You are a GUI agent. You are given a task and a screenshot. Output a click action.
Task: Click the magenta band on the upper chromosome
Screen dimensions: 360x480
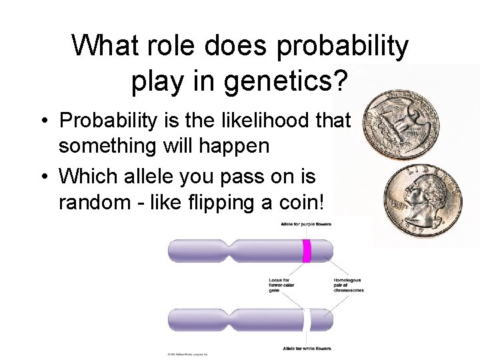tap(307, 251)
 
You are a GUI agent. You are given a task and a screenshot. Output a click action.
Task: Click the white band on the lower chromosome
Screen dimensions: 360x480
tap(307, 320)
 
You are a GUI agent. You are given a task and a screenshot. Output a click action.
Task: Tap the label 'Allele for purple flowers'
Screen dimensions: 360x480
tap(306, 224)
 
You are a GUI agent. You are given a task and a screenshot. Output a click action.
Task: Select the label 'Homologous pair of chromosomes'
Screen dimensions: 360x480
tap(348, 285)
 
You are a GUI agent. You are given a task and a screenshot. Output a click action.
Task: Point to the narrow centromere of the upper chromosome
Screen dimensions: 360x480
tap(232, 251)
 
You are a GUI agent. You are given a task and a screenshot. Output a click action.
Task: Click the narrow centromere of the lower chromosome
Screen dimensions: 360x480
tap(232, 320)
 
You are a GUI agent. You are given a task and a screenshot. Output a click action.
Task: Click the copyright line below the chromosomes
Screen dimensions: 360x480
tap(187, 354)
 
